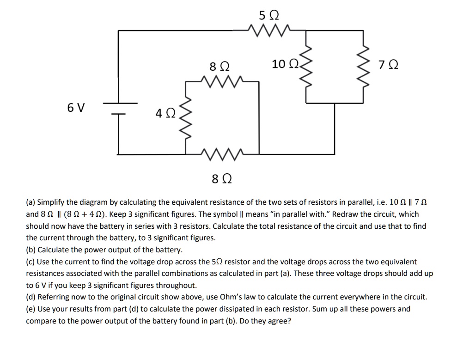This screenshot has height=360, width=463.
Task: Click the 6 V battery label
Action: point(76,108)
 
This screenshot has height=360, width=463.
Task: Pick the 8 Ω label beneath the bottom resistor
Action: point(221,178)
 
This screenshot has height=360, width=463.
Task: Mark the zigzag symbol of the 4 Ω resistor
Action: point(186,121)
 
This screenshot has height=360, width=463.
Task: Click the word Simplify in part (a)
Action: point(52,202)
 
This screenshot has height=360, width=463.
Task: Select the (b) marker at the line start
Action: point(31,250)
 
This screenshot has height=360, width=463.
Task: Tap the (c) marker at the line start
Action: point(30,262)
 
